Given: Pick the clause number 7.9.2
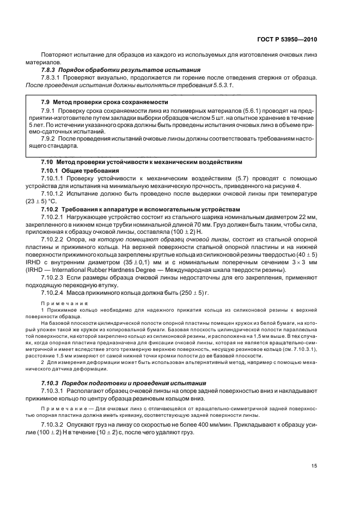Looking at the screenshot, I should [x=51, y=139].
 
